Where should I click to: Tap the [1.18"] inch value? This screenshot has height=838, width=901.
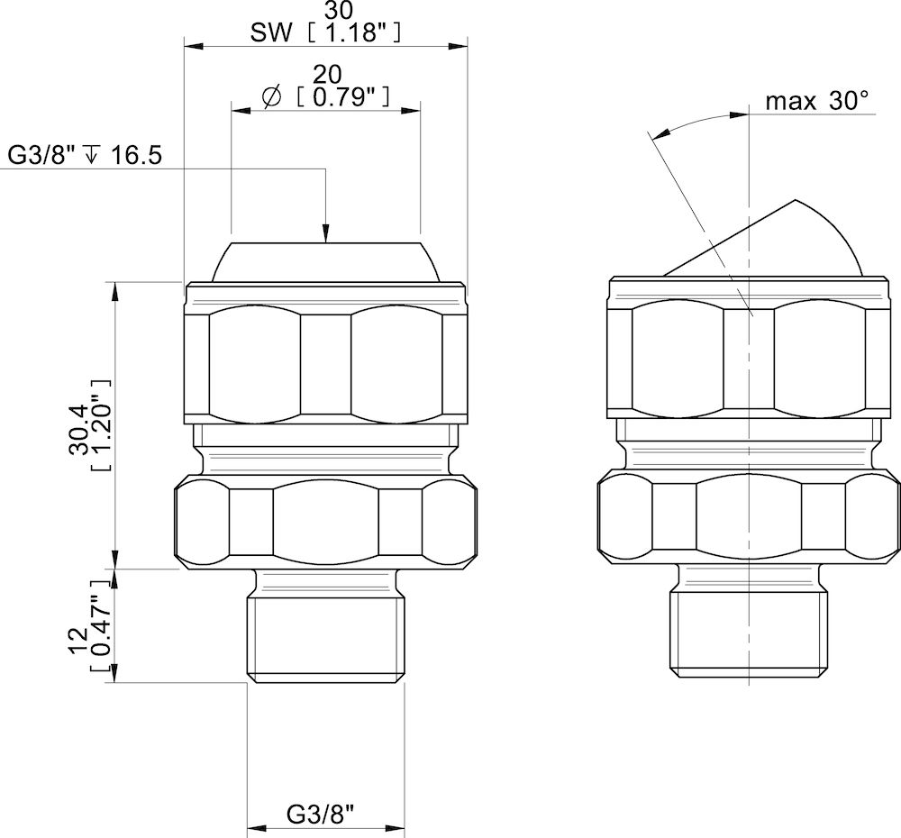pyautogui.click(x=351, y=33)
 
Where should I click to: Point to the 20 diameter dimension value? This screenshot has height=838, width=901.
pyautogui.click(x=325, y=74)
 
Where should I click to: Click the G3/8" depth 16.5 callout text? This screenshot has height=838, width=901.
pyautogui.click(x=85, y=155)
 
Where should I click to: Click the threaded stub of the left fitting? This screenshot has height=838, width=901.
pyautogui.click(x=325, y=635)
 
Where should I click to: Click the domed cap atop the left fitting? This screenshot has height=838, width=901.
pyautogui.click(x=325, y=261)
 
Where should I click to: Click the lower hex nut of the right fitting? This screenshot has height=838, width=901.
pyautogui.click(x=749, y=523)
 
